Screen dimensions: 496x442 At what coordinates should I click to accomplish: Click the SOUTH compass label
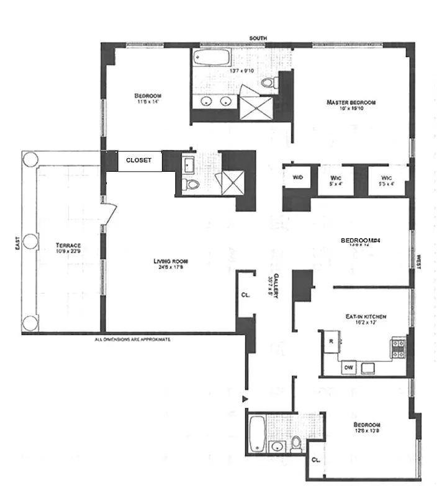[258, 38]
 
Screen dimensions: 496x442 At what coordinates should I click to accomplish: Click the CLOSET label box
[139, 160]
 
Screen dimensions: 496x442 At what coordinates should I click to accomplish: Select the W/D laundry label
[297, 177]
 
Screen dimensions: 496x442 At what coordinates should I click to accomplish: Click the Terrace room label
[68, 248]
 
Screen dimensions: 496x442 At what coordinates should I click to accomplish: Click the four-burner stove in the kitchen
[397, 349]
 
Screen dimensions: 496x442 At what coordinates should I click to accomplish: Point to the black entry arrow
[246, 398]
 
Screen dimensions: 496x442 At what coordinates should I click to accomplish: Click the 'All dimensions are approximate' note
[132, 340]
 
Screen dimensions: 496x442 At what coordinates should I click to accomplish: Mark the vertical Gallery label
[271, 286]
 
